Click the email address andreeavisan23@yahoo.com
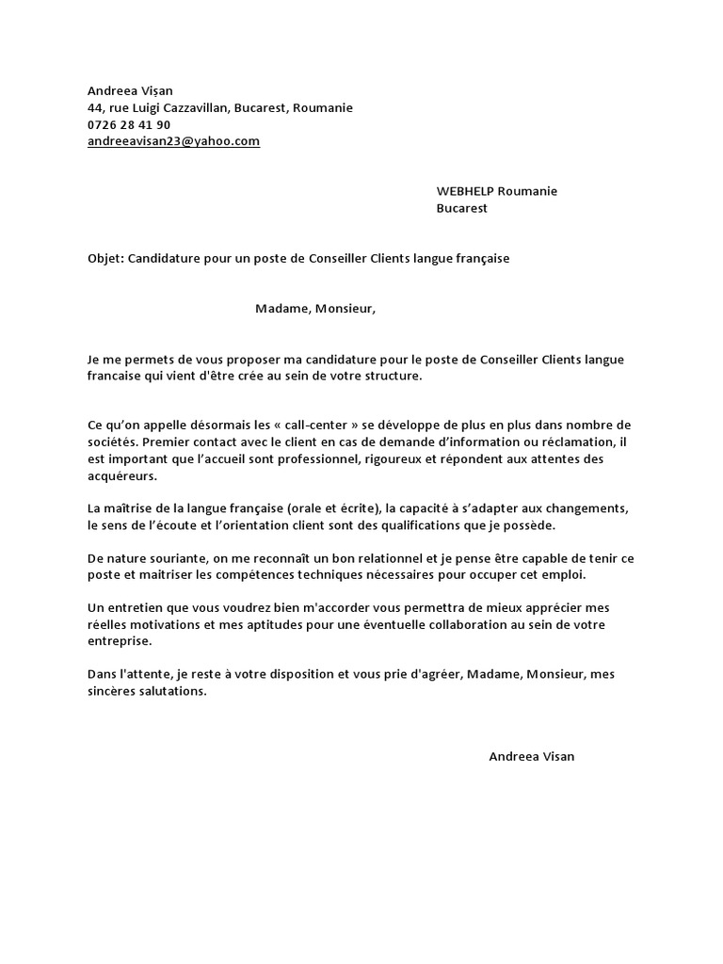tap(173, 141)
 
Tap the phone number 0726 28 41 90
tap(129, 124)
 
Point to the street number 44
tap(94, 107)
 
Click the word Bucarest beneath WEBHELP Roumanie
tap(461, 208)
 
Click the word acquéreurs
tap(121, 476)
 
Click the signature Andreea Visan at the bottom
tap(531, 756)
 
